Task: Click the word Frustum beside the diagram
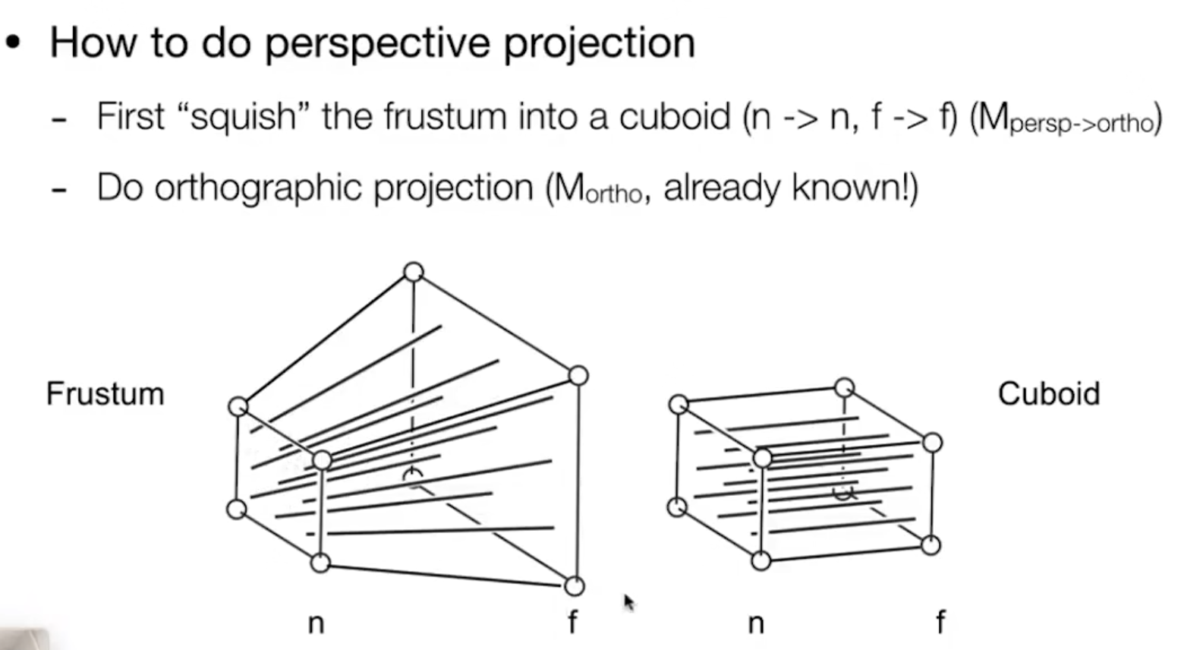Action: click(x=106, y=393)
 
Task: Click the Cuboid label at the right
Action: click(x=1049, y=393)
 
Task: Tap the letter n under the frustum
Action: click(x=316, y=623)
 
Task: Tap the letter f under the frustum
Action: click(x=573, y=621)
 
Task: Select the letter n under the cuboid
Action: click(x=756, y=623)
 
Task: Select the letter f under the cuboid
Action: click(x=941, y=621)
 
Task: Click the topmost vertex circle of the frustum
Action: click(x=414, y=272)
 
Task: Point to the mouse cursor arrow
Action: click(x=629, y=602)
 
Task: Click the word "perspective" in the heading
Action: click(x=377, y=44)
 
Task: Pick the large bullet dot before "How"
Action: click(x=13, y=43)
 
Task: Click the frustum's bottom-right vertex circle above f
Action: click(x=574, y=586)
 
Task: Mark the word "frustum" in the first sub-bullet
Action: click(x=445, y=115)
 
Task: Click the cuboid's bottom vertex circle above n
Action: click(x=761, y=561)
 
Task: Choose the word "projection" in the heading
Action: click(x=600, y=44)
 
